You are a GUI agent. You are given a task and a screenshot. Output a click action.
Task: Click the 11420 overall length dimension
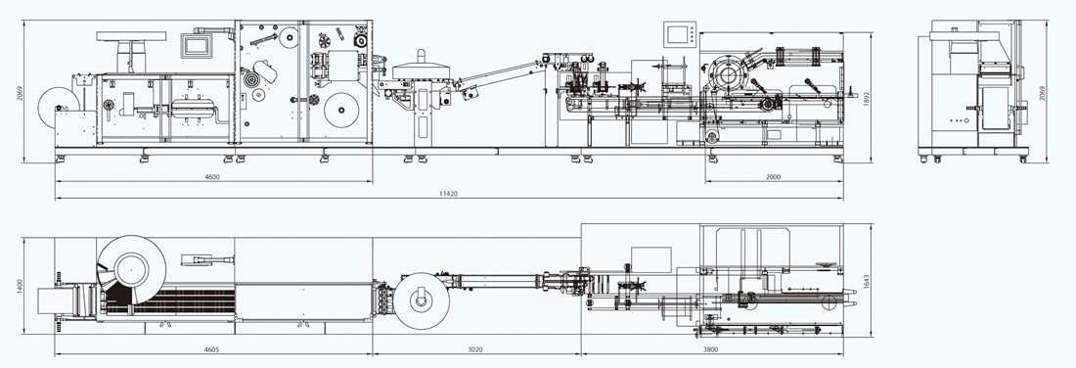coord(449,195)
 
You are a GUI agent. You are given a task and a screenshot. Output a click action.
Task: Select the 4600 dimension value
coord(212,177)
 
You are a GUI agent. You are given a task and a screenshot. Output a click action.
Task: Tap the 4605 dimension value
coord(212,349)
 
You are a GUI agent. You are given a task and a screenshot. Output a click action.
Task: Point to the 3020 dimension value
coord(474,349)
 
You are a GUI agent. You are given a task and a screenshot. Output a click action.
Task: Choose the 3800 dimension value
coord(711,349)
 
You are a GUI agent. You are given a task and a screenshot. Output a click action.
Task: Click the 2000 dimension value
coord(773,177)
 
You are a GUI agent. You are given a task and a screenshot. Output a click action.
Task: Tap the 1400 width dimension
coord(21,286)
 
